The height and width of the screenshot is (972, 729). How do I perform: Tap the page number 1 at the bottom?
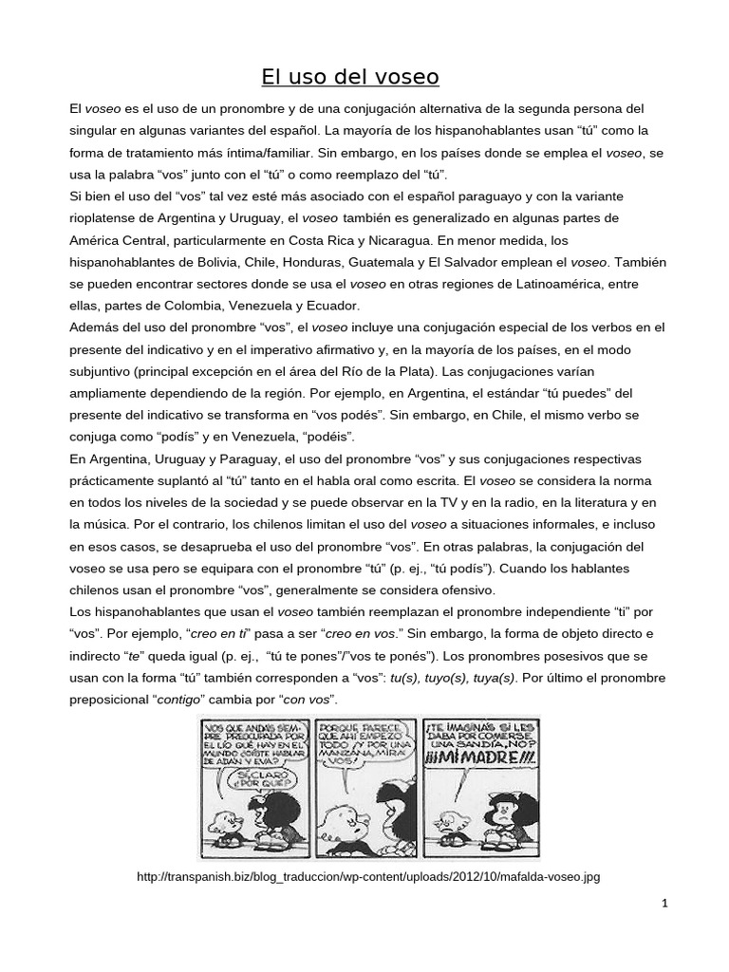coord(665,904)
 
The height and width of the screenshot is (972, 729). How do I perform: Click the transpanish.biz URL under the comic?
coord(368,877)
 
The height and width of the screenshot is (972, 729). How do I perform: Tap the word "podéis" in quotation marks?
coord(325,437)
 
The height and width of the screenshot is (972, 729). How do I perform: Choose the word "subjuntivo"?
coord(104,371)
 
